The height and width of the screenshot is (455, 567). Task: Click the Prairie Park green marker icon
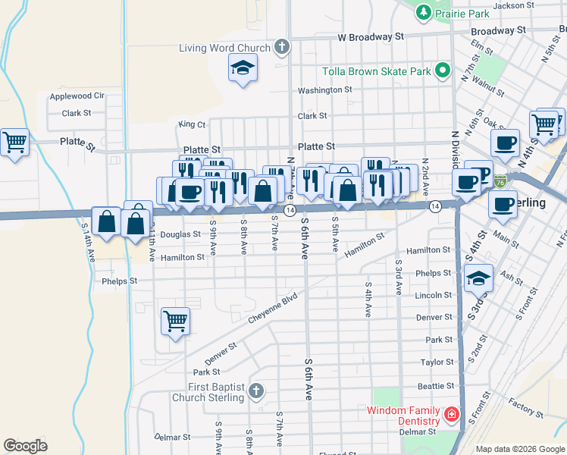[x=423, y=12]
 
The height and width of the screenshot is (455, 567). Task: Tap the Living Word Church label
[x=224, y=48]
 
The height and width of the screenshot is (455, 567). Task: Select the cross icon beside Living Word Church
[x=281, y=48]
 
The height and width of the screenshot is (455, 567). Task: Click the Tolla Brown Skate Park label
[x=377, y=71]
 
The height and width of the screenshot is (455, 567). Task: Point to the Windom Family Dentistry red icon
[x=451, y=415]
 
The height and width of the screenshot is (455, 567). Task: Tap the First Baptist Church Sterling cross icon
[x=256, y=391]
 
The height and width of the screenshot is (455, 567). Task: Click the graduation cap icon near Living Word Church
[x=243, y=70]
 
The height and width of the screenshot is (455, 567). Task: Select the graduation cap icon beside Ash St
[x=478, y=278]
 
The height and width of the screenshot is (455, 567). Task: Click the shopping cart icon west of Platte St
[x=15, y=142]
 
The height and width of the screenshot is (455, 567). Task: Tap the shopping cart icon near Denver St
[x=175, y=321]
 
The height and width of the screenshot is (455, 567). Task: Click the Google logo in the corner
[x=25, y=445]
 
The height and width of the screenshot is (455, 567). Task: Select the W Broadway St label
[x=371, y=36]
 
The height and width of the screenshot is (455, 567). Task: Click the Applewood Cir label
[x=77, y=96]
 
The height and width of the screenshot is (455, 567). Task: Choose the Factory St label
[x=522, y=407]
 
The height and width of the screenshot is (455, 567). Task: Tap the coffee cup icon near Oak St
[x=504, y=143]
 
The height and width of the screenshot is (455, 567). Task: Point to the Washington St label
[x=324, y=89]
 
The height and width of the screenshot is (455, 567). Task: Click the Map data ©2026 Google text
[x=519, y=449]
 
